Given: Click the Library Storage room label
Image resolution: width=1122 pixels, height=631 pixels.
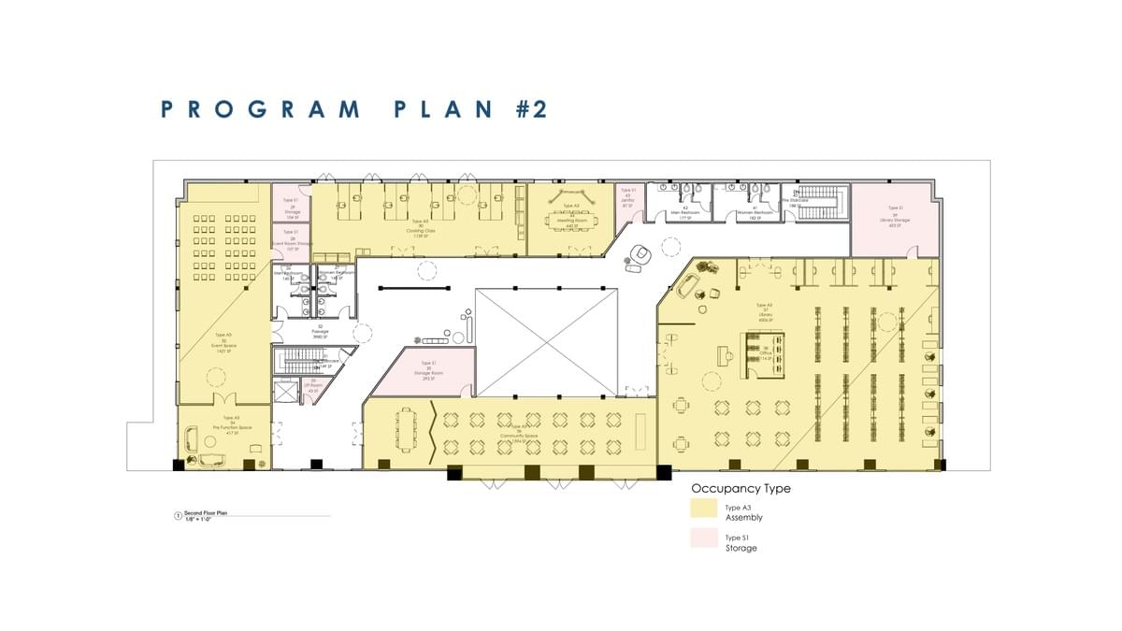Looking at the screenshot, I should (x=895, y=217).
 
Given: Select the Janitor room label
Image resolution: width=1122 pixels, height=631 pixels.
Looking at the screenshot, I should (x=627, y=197).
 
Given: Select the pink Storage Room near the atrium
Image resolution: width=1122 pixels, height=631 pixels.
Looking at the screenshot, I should (x=427, y=369).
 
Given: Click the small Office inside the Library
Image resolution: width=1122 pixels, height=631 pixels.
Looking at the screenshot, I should (x=763, y=353).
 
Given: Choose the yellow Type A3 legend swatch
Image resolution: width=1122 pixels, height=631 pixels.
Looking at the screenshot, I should (x=703, y=508).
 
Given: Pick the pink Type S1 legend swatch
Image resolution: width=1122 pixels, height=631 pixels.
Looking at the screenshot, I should (x=703, y=539).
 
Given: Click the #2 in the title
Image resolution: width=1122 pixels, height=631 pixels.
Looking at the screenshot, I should (x=529, y=108).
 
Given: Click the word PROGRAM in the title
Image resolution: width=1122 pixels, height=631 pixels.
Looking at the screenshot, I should (x=261, y=108).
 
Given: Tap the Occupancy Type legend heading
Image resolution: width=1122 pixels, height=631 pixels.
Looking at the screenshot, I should (x=740, y=488).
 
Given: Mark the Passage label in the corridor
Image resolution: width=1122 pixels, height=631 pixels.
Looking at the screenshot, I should (x=320, y=329).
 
